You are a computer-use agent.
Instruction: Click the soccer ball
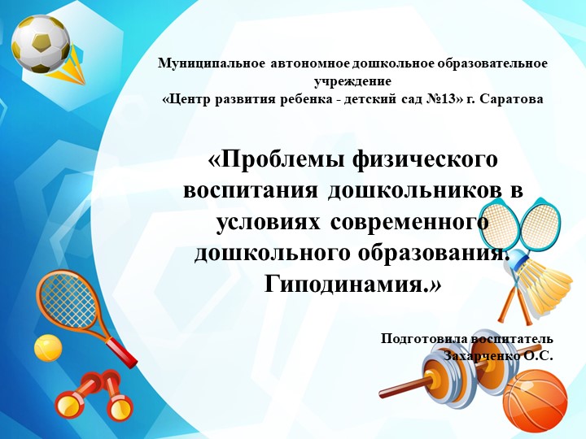[x=40, y=43]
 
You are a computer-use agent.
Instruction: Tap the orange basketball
[x=534, y=402]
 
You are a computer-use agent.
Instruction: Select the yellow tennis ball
[x=48, y=348]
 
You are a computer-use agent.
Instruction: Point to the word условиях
[x=269, y=221]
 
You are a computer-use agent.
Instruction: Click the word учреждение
[x=352, y=81]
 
